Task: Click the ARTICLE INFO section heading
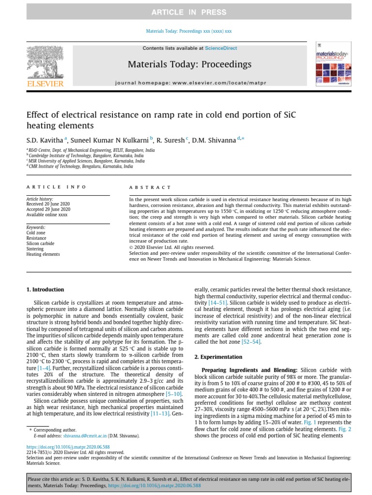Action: pyautogui.click(x=56, y=187)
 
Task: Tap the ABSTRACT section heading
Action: pyautogui.click(x=150, y=187)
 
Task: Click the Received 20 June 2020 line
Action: pyautogui.click(x=48, y=204)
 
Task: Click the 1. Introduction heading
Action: pyautogui.click(x=45, y=290)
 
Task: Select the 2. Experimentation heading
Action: pyautogui.click(x=218, y=357)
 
